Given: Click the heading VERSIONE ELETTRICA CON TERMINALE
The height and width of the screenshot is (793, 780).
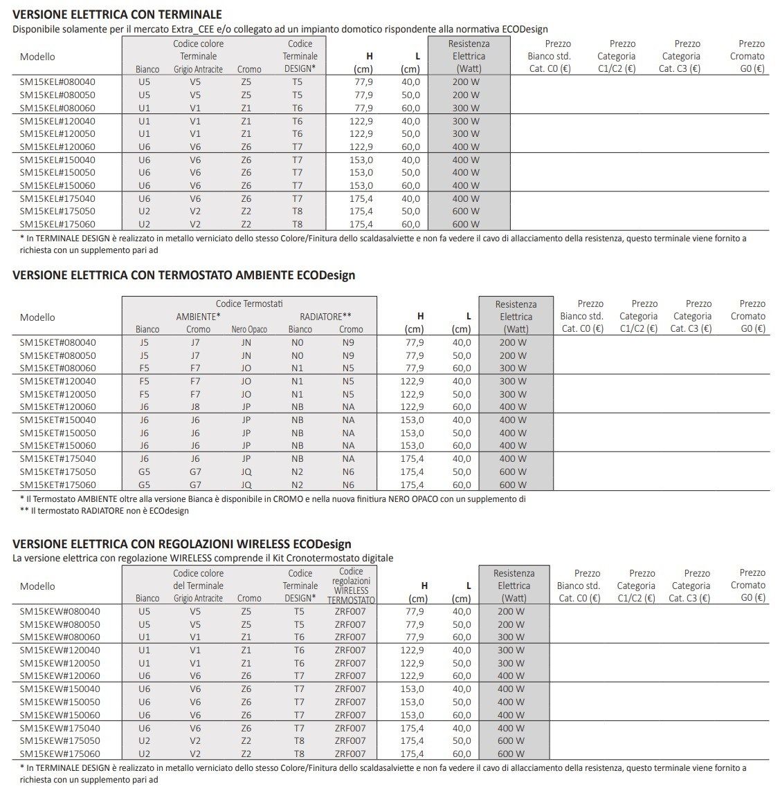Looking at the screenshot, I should [x=117, y=15].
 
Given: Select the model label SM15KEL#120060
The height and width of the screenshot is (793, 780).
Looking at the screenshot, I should [x=57, y=147].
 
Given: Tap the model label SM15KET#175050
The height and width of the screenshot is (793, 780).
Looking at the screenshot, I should [x=58, y=472].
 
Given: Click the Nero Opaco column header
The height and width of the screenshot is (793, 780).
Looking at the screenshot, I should [x=249, y=330].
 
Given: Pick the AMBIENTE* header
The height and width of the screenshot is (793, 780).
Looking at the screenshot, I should [x=198, y=317].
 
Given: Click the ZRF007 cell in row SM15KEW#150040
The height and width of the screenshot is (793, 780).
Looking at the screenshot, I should [x=350, y=689].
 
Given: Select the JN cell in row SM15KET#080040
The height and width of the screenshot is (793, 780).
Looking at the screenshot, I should [x=246, y=342].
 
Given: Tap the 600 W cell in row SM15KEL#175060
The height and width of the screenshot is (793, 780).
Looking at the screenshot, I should [x=466, y=224].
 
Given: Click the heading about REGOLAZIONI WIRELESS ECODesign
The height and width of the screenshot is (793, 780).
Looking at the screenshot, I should [x=182, y=544].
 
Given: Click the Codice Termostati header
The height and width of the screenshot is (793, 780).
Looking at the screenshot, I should [x=249, y=304].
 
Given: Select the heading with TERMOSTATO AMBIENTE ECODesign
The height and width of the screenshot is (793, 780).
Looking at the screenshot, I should [x=184, y=275].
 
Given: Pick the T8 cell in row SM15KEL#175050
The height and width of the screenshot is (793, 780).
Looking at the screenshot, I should [x=297, y=212].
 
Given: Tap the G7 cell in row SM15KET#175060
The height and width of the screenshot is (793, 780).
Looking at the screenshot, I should [x=195, y=485].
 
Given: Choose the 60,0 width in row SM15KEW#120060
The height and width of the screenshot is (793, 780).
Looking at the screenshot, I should [x=462, y=675].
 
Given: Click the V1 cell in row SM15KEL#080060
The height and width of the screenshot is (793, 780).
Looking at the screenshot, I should [x=195, y=108].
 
